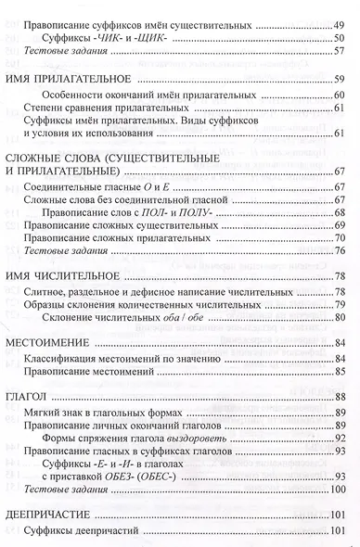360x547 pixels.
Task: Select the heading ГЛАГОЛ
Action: point(25,396)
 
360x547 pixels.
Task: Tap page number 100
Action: point(341,490)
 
